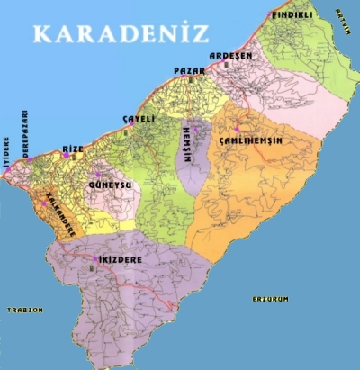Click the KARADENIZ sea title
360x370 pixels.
point(120,34)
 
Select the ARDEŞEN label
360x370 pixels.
point(231,56)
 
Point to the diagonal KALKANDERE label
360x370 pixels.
point(56,209)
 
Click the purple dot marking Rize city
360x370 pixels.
point(65,155)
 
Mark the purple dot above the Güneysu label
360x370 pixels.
point(99,175)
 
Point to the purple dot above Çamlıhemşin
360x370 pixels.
point(237,129)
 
